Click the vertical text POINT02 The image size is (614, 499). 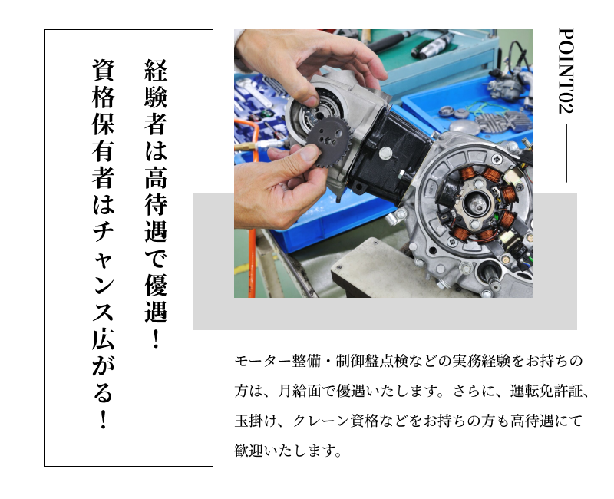pyautogui.click(x=566, y=71)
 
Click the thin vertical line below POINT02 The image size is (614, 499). pyautogui.click(x=566, y=153)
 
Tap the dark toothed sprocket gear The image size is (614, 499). pyautogui.click(x=328, y=142)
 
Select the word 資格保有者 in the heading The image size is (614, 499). pyautogui.click(x=104, y=124)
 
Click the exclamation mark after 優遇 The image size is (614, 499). pyautogui.click(x=156, y=339)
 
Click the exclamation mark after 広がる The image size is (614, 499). pyautogui.click(x=104, y=419)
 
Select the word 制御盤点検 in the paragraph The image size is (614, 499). pyautogui.click(x=372, y=361)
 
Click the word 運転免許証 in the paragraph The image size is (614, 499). pyautogui.click(x=546, y=392)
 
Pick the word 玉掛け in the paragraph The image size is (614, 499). pyautogui.click(x=256, y=421)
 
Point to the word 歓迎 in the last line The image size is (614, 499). pyautogui.click(x=249, y=451)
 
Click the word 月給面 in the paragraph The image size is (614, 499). pyautogui.click(x=300, y=392)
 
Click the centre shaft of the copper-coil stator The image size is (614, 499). pyautogui.click(x=479, y=203)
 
